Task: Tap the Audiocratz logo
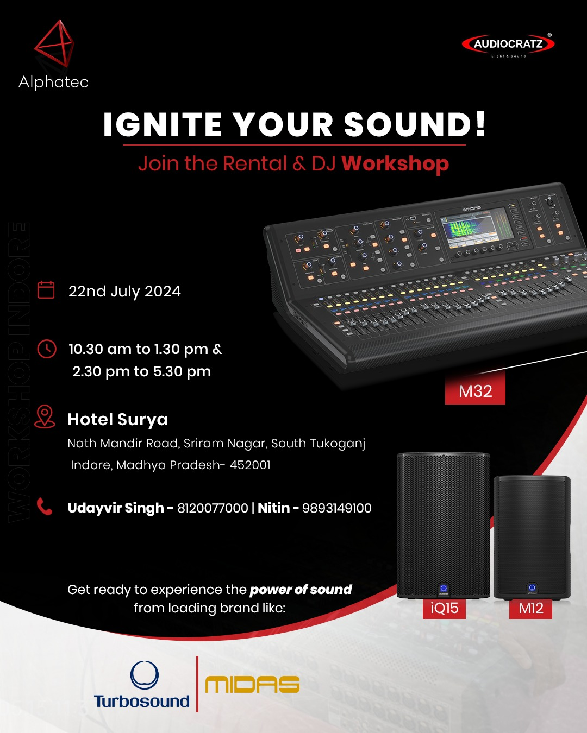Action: point(508,45)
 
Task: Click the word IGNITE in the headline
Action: point(163,124)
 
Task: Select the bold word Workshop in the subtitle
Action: point(395,164)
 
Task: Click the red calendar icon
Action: point(46,290)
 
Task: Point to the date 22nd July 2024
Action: point(124,292)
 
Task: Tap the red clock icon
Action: point(47,349)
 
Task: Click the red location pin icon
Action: point(45,416)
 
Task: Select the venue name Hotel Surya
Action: point(118,420)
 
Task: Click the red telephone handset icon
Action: point(45,507)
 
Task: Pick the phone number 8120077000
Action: point(213,508)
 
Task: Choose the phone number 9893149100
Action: point(336,508)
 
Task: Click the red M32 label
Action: point(475,391)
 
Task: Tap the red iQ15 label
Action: point(444,608)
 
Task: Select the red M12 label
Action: point(530,608)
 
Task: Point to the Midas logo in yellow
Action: point(252,685)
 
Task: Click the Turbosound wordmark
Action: point(142,701)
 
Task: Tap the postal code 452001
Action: point(250,465)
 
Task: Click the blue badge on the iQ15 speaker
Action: point(444,588)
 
